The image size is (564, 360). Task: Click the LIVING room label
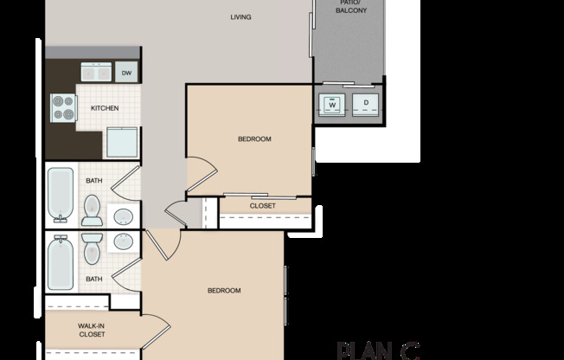(x=241, y=16)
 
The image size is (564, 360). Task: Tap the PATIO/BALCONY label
(x=352, y=7)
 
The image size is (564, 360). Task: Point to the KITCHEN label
(x=105, y=108)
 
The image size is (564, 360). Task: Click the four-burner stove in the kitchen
(x=63, y=107)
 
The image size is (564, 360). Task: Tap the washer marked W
(x=331, y=104)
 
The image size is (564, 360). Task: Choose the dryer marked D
(x=366, y=104)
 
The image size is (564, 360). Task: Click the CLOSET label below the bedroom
(x=263, y=205)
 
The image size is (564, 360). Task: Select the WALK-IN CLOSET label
(x=92, y=329)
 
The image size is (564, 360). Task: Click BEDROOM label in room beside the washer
(x=255, y=138)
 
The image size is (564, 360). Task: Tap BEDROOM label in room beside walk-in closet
(x=224, y=291)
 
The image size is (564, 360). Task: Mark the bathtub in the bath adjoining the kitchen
(x=61, y=193)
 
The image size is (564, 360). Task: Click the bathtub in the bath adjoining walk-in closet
(x=61, y=262)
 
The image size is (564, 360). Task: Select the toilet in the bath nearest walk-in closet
(x=93, y=250)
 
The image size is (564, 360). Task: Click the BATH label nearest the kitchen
(x=93, y=180)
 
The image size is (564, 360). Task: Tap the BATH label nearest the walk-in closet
(x=93, y=279)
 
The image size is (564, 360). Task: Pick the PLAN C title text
(x=378, y=350)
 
